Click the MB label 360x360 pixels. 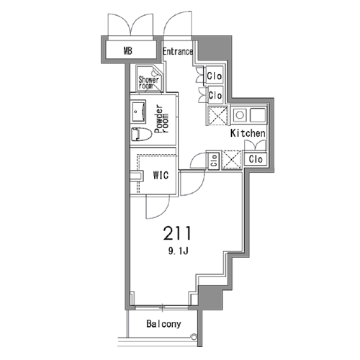(x=127, y=50)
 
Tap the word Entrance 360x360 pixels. (x=178, y=51)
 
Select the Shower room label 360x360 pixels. (x=148, y=82)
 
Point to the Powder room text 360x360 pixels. (x=161, y=119)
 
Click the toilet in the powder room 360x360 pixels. (x=142, y=135)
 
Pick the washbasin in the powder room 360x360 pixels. (x=138, y=112)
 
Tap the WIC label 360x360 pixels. (x=161, y=175)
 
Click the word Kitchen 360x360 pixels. (x=248, y=133)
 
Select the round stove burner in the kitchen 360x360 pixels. (x=240, y=114)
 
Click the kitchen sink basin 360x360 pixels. (x=258, y=114)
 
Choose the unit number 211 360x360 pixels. (x=177, y=233)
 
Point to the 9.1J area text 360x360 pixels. (x=178, y=251)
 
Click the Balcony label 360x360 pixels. (x=163, y=324)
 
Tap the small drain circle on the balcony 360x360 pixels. (x=194, y=337)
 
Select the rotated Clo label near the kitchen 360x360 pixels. (x=214, y=161)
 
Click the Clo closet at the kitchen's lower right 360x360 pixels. (x=256, y=159)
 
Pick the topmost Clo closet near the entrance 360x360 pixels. (x=215, y=76)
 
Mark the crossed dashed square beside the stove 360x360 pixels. (x=217, y=116)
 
